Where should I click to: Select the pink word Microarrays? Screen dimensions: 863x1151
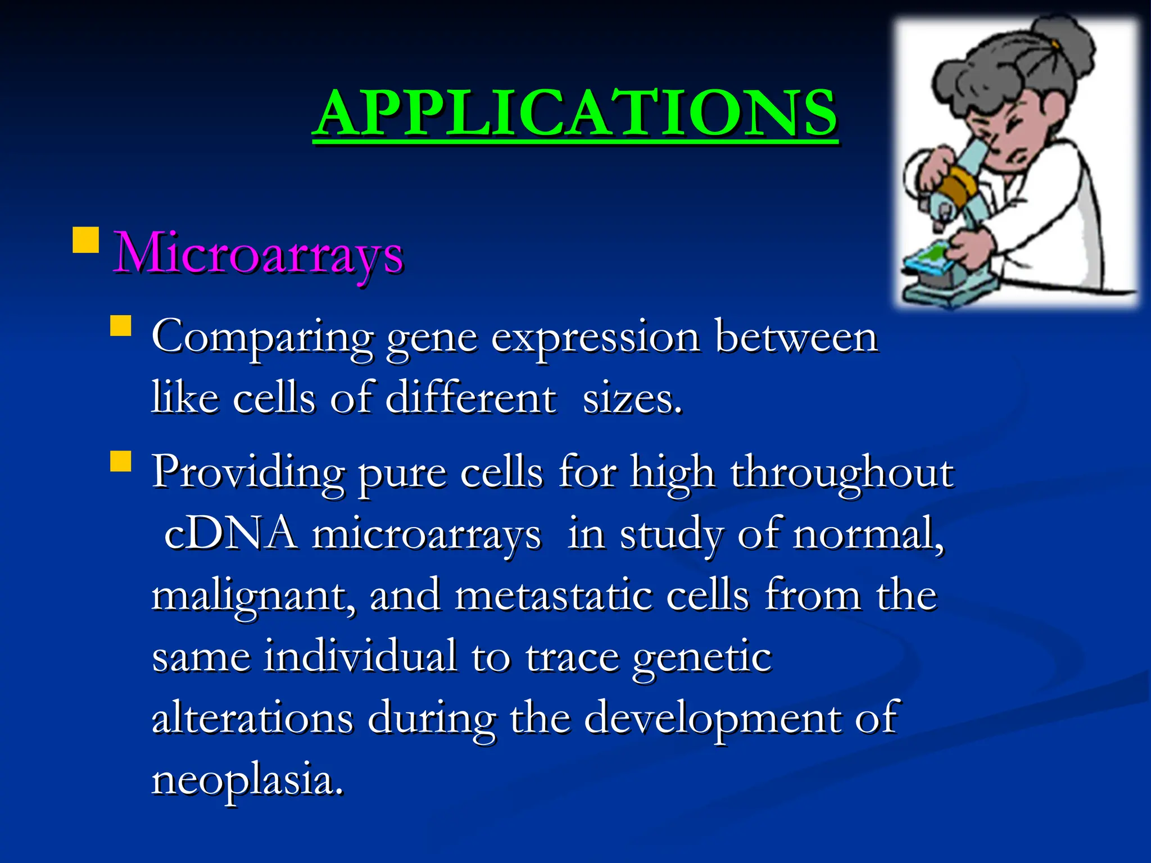[x=258, y=255]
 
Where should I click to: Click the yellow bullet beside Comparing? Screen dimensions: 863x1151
[x=121, y=326]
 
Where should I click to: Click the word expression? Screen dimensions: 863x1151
[x=595, y=339]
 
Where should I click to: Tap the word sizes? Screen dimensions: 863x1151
[x=632, y=399]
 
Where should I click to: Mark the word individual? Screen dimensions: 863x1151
[x=360, y=656]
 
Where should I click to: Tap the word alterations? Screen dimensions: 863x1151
[x=253, y=718]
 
